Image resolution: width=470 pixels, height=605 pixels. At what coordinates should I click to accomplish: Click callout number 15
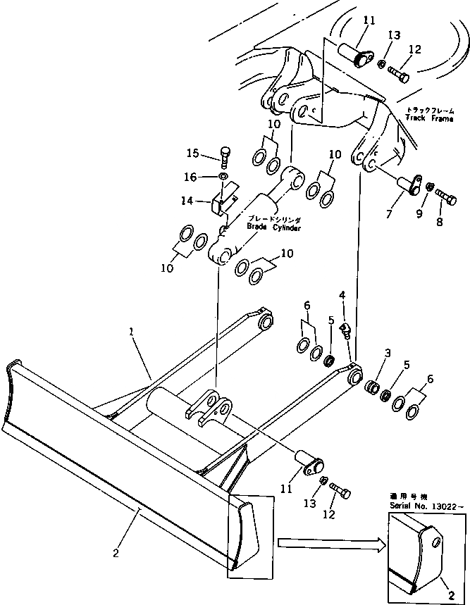point(192,153)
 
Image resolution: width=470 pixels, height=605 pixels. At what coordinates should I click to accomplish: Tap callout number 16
point(192,176)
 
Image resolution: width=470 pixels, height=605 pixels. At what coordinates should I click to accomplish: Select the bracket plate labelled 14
point(220,202)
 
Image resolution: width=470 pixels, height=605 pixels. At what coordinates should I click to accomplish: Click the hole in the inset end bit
point(438,543)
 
